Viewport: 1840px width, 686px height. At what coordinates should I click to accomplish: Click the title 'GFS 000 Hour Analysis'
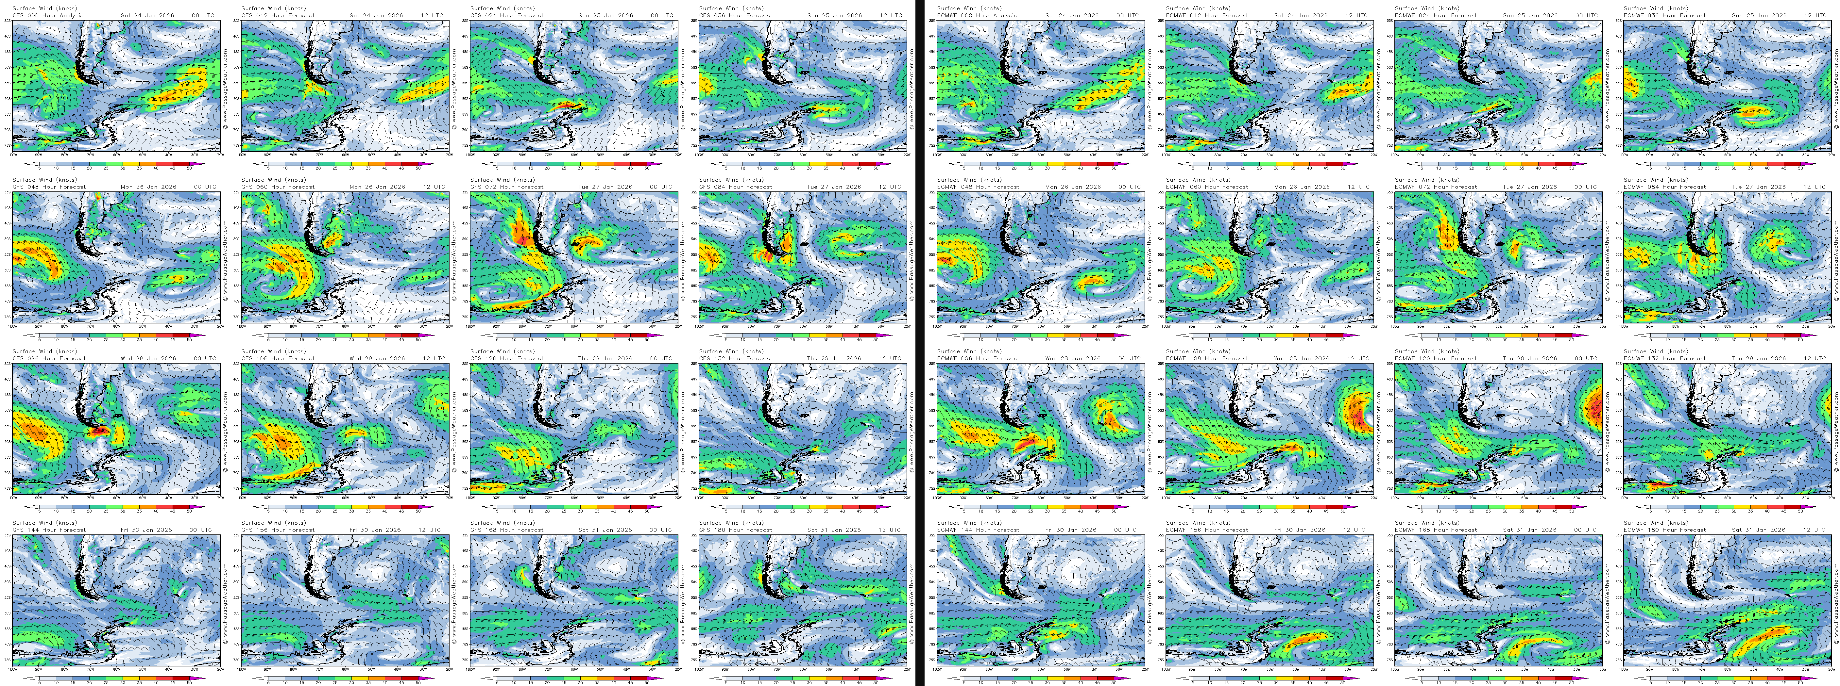coord(48,15)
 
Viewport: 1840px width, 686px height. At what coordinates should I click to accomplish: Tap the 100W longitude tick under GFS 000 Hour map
coord(13,154)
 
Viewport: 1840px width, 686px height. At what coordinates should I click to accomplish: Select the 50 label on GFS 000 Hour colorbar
coord(189,168)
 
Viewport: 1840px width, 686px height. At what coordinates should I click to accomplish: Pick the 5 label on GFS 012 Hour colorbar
coord(268,168)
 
